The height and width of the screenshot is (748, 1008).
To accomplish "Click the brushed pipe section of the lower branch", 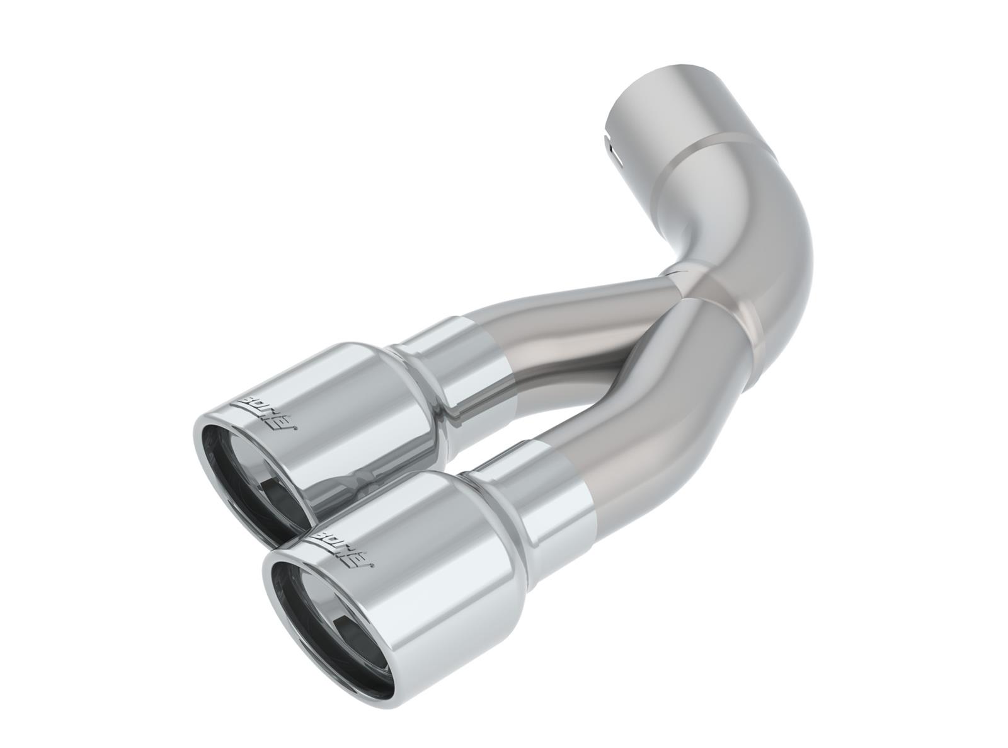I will (x=636, y=435).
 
